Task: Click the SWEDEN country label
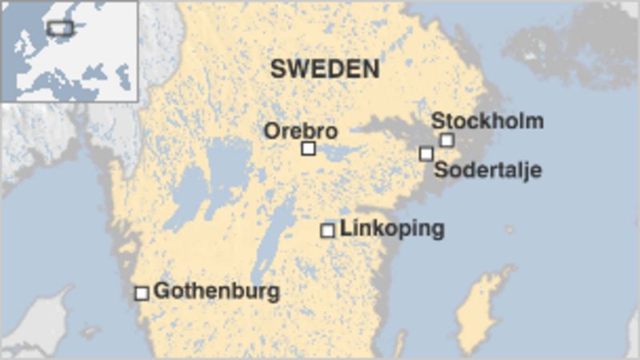[325, 69]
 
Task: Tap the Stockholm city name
[487, 122]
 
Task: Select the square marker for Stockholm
[446, 140]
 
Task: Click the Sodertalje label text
[487, 170]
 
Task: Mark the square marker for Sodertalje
[426, 154]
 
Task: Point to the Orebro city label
[301, 130]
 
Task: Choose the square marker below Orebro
[308, 148]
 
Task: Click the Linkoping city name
[391, 229]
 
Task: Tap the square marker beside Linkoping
[327, 230]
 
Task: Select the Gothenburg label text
[216, 291]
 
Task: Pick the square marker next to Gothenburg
[142, 293]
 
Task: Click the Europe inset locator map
[69, 51]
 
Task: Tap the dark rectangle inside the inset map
[60, 28]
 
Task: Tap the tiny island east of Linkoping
[510, 230]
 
